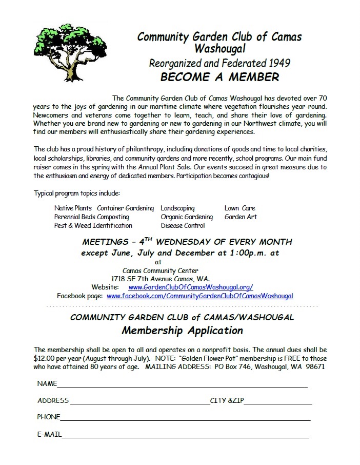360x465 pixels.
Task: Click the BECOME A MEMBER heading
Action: tap(219, 77)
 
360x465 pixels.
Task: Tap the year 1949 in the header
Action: tap(279, 64)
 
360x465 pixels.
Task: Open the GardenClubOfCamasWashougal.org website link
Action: tap(190, 287)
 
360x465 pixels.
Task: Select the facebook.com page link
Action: tap(199, 296)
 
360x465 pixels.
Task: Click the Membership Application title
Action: tap(182, 330)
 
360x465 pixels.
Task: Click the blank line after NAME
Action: tap(182, 385)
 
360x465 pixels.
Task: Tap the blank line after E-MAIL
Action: tap(185, 436)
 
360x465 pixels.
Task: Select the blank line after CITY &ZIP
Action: tap(277, 403)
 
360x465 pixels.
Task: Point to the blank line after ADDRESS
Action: tap(139, 403)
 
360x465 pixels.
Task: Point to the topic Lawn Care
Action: tap(239, 208)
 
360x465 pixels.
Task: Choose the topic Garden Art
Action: tap(241, 217)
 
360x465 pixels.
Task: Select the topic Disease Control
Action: tap(183, 226)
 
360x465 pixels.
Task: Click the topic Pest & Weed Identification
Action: tap(93, 226)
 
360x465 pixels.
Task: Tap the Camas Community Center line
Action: tap(161, 271)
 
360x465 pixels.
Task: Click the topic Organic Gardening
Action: tap(186, 217)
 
